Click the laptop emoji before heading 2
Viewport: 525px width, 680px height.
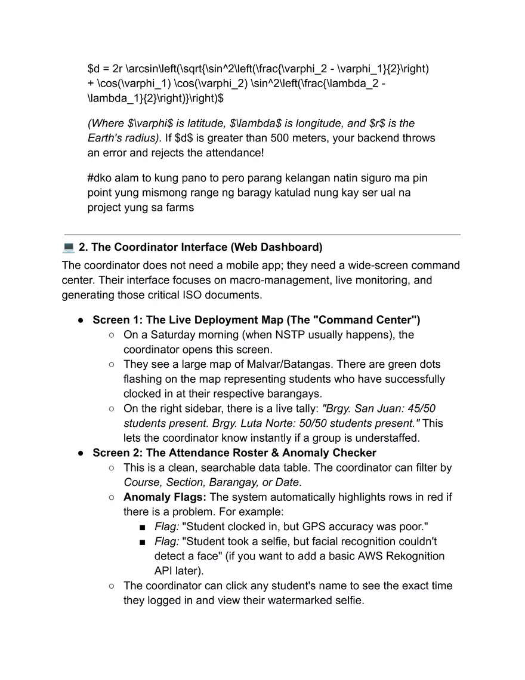(x=68, y=247)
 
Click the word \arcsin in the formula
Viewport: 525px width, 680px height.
(x=143, y=69)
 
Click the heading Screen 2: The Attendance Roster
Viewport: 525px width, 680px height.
(x=234, y=453)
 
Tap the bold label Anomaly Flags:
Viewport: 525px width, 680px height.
(x=165, y=497)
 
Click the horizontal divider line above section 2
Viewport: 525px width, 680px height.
(x=262, y=235)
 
